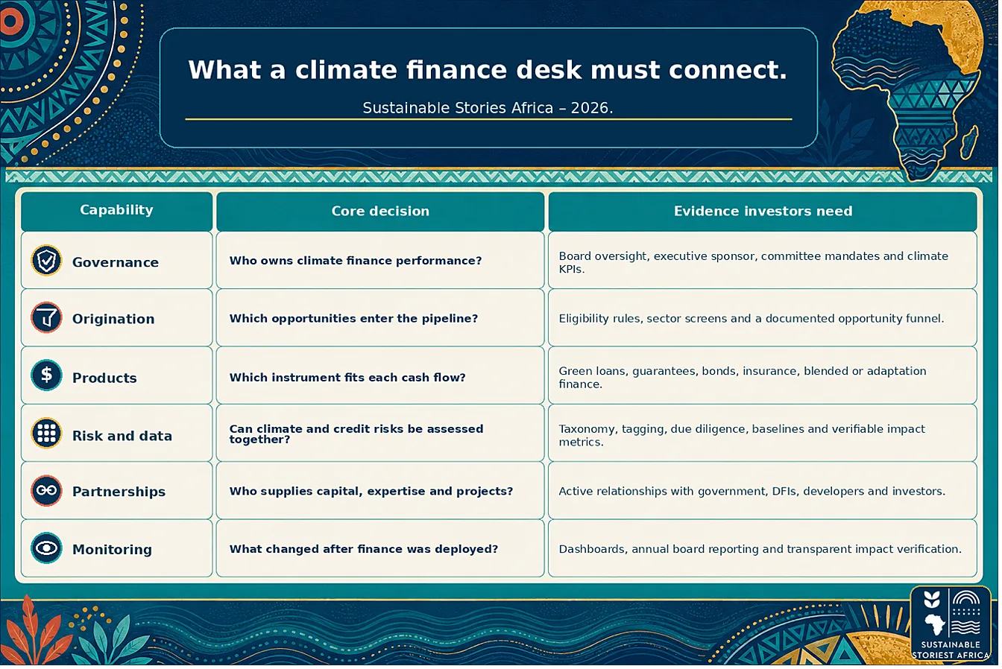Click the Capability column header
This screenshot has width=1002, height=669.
116,209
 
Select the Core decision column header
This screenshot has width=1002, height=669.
380,211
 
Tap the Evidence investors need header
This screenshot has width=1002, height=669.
763,211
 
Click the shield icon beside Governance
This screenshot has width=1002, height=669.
46,261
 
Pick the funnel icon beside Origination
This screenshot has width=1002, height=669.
46,318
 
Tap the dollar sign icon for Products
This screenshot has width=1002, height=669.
46,375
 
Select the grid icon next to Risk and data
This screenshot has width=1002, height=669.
46,433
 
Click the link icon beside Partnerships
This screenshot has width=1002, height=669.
46,491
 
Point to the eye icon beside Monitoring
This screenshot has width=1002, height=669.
46,548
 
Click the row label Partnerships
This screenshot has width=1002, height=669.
119,492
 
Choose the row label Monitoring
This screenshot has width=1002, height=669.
113,549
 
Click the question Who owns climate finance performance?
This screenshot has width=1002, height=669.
356,261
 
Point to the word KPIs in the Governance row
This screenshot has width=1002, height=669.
571,270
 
